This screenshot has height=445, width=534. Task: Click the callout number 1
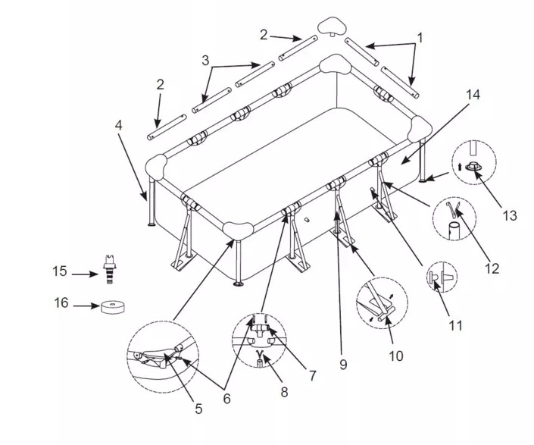point(420,36)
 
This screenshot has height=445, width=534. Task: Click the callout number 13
point(509,215)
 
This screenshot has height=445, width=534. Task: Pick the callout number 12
point(493,268)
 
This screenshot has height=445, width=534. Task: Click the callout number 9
point(342,365)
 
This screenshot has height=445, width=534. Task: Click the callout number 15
point(60,271)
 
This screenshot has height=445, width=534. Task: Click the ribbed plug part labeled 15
point(109,268)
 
